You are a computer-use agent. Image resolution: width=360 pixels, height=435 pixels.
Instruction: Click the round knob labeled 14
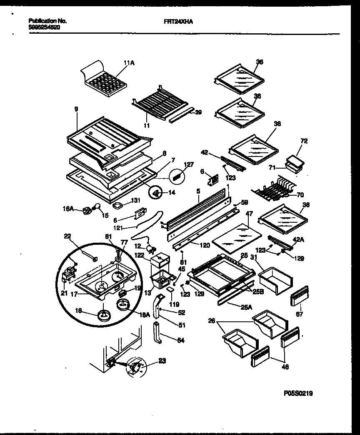[x=156, y=192]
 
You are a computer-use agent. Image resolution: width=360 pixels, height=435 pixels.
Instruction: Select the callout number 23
[x=162, y=361]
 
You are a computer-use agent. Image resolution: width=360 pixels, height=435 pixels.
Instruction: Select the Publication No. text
[x=48, y=20]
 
